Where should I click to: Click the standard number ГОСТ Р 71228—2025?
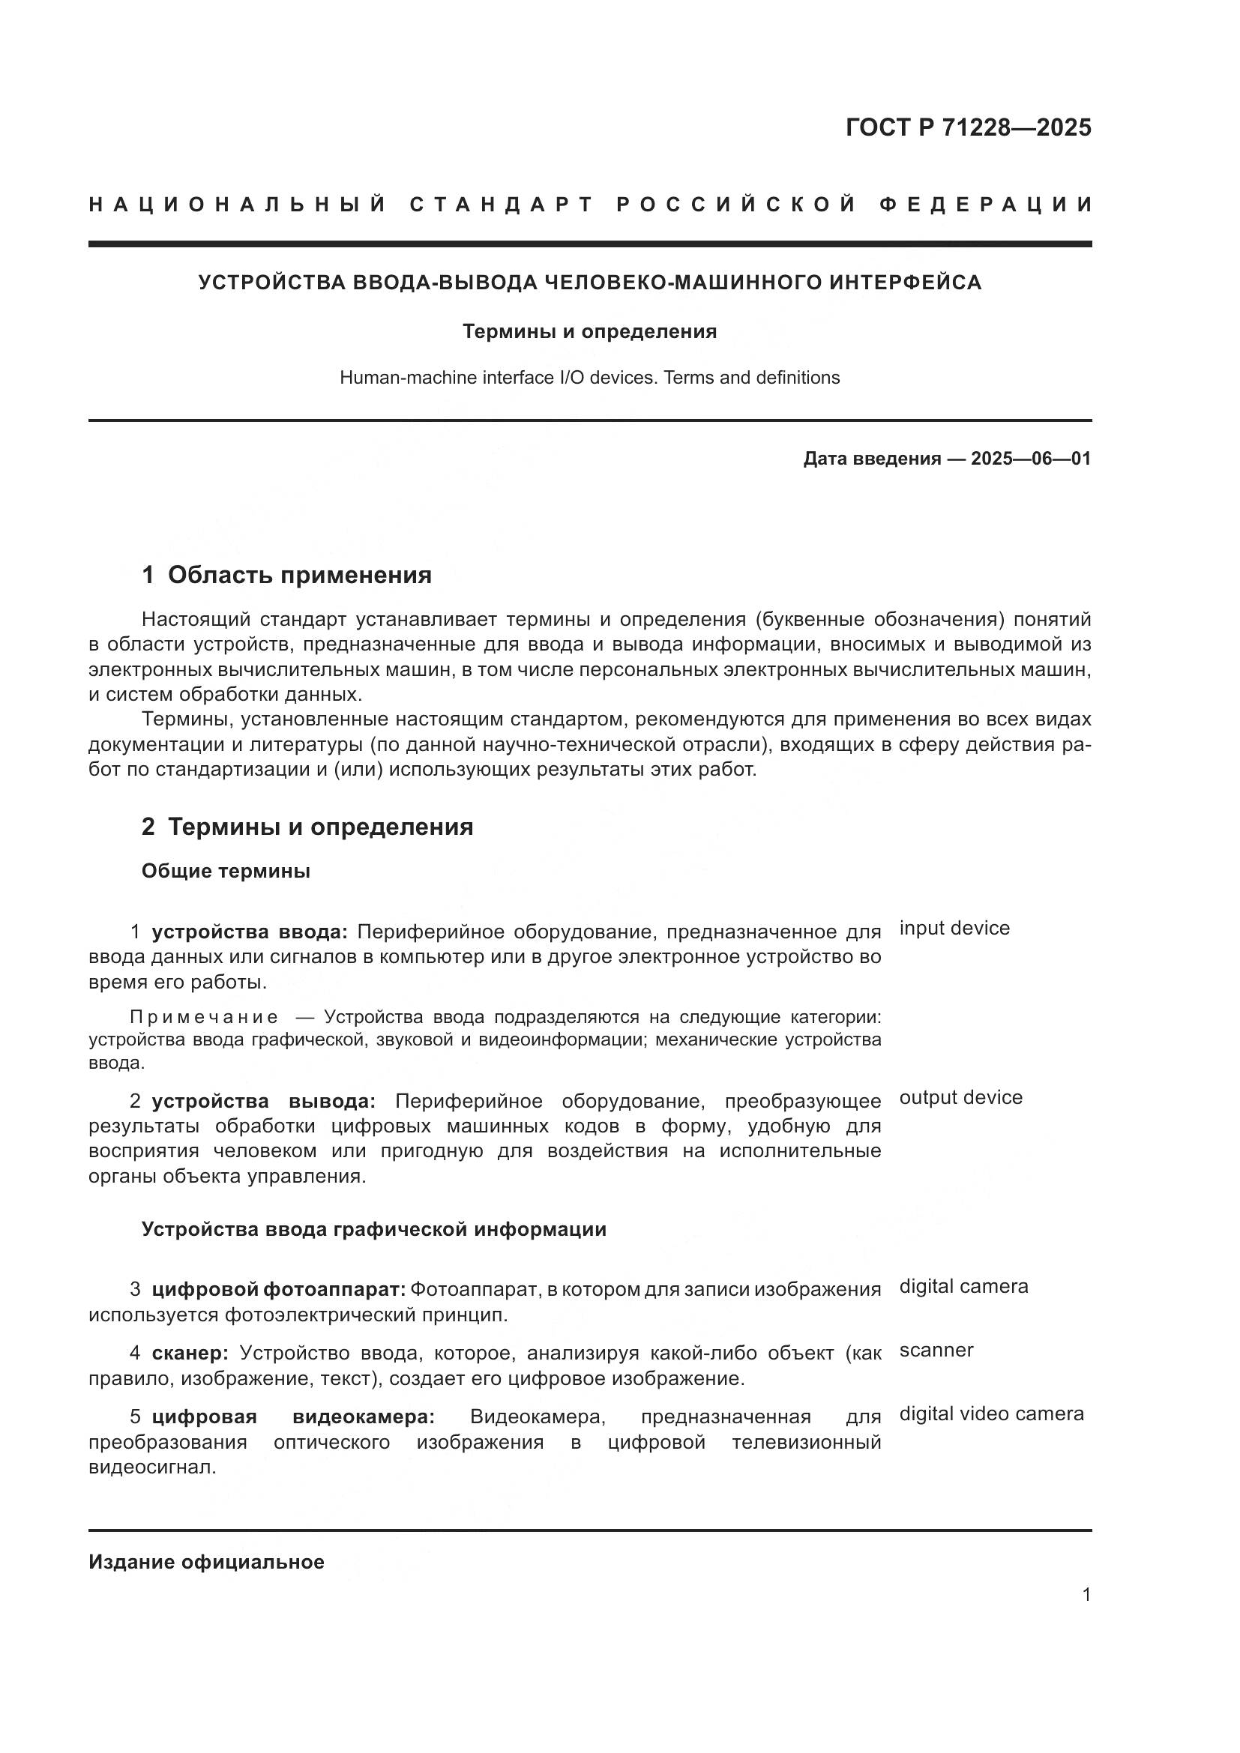coord(968,127)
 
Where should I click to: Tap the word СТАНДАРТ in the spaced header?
coord(502,205)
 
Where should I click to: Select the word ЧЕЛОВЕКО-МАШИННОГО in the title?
coord(684,283)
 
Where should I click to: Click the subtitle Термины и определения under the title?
coord(589,331)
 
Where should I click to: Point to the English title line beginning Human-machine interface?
coord(589,378)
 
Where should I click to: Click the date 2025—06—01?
coord(1031,459)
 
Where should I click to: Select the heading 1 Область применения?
coord(286,575)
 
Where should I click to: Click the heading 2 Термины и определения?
coord(307,827)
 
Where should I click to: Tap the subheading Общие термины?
coord(225,871)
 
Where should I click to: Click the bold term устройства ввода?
coord(249,932)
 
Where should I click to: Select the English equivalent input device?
coord(954,929)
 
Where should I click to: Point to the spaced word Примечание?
coord(204,1017)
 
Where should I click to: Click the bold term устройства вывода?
coord(262,1101)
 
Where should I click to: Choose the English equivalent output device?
coord(960,1098)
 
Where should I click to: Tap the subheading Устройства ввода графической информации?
coord(373,1229)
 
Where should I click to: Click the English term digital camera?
coord(963,1287)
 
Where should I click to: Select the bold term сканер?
coord(190,1353)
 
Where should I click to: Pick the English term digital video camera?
coord(991,1413)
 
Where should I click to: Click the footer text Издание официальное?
coord(206,1562)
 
